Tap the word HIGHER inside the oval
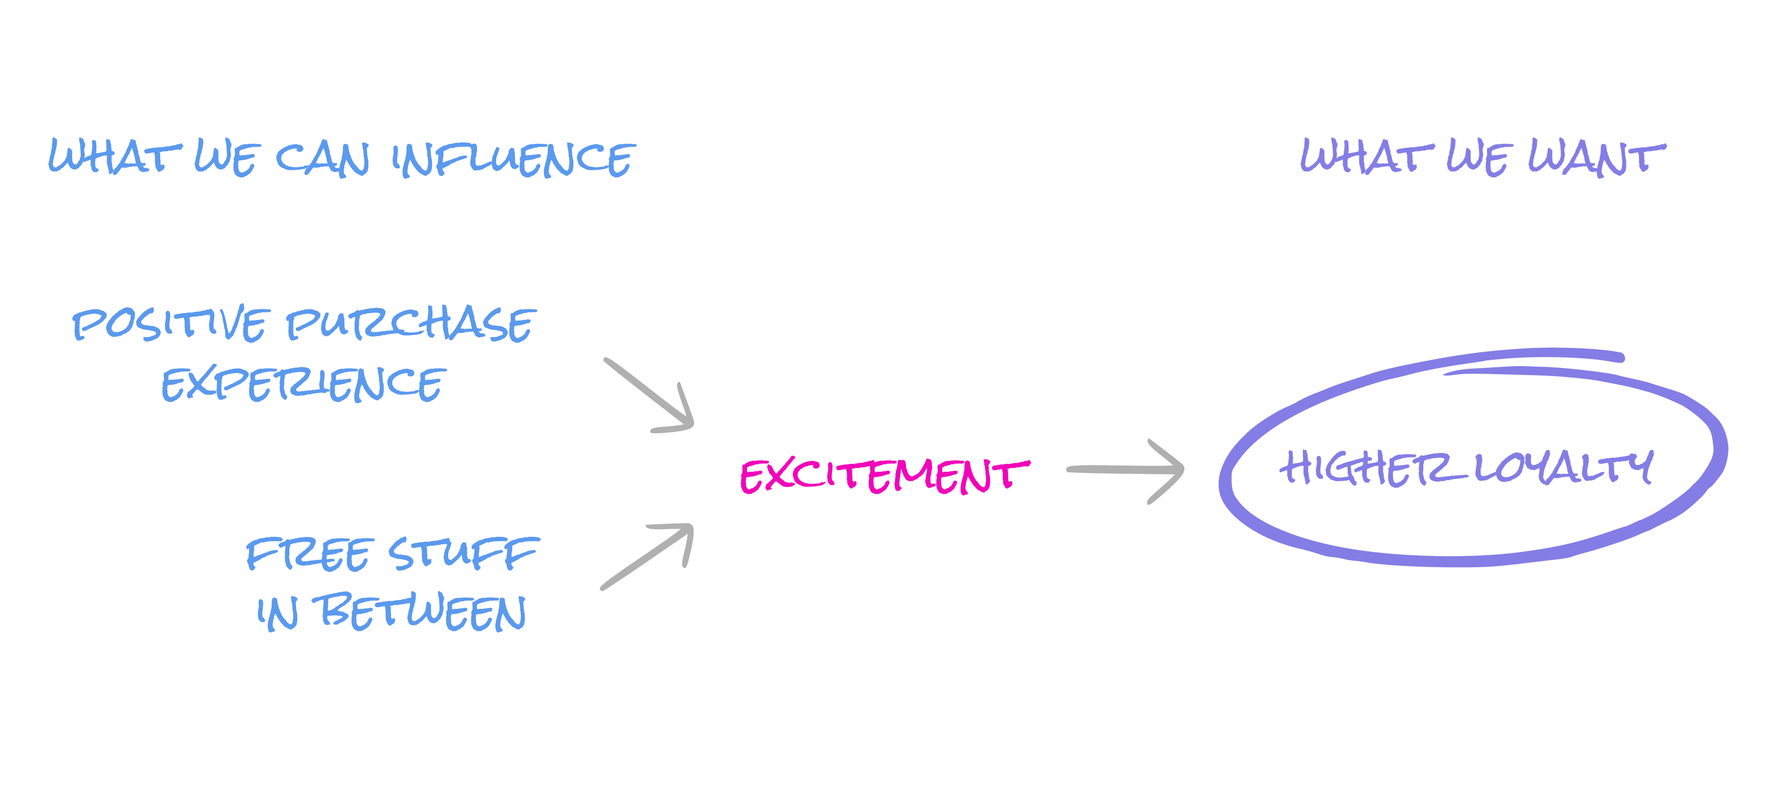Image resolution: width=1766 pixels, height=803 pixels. click(1364, 468)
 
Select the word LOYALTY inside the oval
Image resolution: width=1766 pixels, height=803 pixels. click(1563, 468)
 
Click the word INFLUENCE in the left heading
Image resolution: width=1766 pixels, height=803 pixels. click(514, 159)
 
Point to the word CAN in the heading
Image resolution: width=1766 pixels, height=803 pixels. click(322, 159)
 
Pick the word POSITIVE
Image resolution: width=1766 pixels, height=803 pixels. click(169, 324)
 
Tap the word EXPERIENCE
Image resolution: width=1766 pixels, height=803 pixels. click(304, 384)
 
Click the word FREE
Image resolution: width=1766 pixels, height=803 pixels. click(309, 554)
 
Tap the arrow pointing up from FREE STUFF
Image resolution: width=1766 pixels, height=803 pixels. click(648, 555)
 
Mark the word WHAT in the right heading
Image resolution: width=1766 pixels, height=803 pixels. click(1367, 157)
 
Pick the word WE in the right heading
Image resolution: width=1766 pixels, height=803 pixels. click(1478, 158)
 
